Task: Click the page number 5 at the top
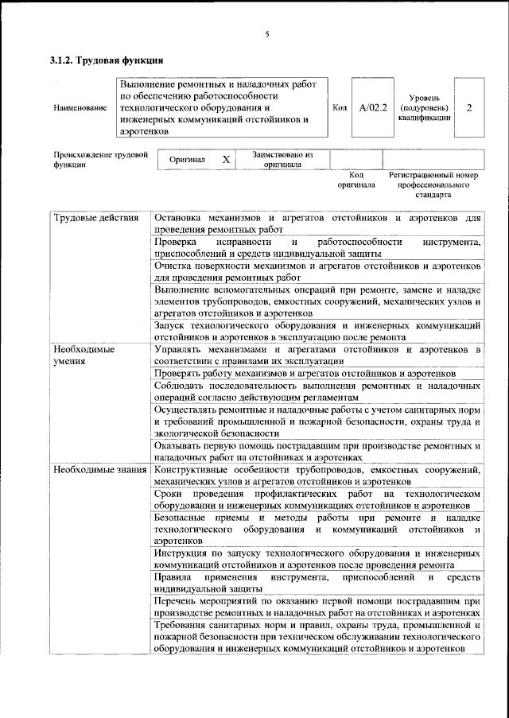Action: [267, 34]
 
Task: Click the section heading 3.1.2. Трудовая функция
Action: [106, 60]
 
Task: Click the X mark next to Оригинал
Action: [226, 160]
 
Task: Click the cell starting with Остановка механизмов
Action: [317, 223]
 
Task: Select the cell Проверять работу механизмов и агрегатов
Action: [305, 373]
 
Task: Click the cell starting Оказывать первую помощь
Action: [317, 452]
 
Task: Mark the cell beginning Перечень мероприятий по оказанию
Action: [317, 608]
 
